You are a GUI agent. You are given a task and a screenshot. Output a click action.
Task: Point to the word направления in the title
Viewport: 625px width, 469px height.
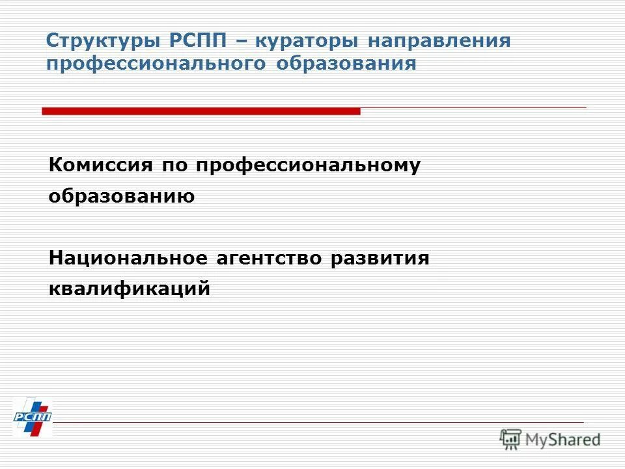[439, 42]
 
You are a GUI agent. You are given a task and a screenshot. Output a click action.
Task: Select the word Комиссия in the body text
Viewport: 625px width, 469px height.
[101, 165]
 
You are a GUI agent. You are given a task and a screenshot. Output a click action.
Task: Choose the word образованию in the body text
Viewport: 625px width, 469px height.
[122, 196]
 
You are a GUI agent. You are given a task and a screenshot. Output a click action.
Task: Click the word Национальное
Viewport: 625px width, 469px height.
[124, 258]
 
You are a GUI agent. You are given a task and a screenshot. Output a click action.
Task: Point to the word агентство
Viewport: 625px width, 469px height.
[271, 258]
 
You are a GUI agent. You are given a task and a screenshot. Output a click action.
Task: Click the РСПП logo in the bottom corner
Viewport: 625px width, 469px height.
[32, 417]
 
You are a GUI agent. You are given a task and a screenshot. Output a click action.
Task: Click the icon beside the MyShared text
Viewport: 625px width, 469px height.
[510, 439]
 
